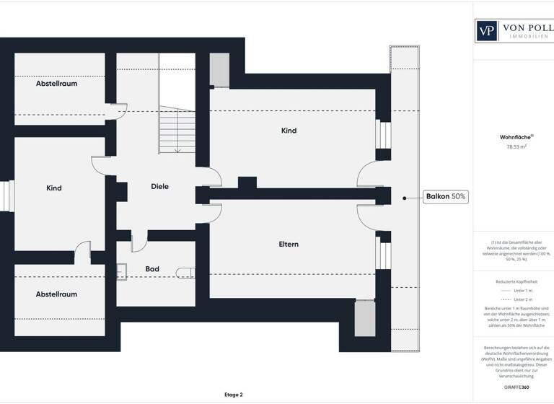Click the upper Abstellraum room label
point(56,84)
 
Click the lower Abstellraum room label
point(56,294)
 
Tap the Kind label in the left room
point(54,188)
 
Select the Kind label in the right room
point(289,131)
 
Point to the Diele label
point(159,186)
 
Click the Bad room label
point(152,269)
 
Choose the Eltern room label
point(289,245)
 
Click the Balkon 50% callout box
point(446,196)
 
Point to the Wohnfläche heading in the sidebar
point(515,136)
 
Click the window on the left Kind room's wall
point(7,196)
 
